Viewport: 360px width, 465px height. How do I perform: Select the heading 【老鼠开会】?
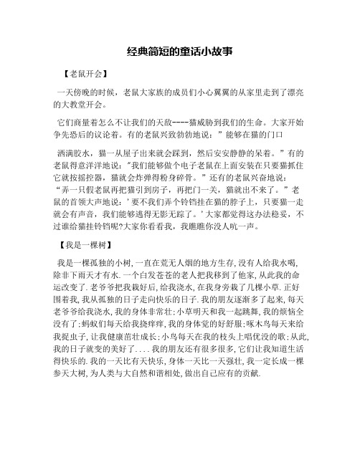point(85,74)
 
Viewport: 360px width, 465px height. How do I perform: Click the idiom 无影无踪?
point(176,219)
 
